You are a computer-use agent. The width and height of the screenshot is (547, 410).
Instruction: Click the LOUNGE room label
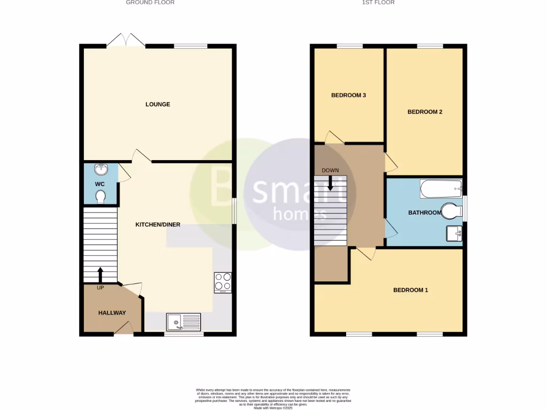point(158,104)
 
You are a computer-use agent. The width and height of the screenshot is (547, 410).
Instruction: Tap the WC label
point(99,184)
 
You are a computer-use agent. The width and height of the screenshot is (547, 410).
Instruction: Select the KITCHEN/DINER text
point(158,225)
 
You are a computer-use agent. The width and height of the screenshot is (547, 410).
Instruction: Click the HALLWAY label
point(112,313)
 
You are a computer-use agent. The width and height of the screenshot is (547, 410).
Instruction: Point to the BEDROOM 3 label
point(348,96)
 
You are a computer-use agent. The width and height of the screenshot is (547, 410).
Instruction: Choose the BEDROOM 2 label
point(425,112)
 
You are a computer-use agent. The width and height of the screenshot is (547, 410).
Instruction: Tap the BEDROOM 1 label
point(410,290)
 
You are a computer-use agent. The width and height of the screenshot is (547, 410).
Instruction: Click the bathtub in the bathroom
point(441,188)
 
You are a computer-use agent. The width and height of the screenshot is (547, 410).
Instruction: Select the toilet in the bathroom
point(452,211)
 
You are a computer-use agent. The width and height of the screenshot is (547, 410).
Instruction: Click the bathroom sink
point(454,233)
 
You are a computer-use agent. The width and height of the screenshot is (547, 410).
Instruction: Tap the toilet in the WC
point(100,197)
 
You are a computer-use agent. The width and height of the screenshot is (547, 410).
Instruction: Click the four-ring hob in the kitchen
point(223,282)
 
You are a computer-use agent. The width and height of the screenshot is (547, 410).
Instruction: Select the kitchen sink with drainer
point(183,321)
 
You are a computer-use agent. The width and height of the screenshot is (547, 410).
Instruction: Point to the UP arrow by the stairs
point(100,275)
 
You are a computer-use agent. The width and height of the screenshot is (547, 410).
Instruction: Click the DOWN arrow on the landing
point(330,183)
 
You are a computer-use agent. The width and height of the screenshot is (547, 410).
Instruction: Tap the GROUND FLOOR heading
point(150,3)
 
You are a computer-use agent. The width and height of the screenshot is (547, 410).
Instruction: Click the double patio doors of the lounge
point(126,40)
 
